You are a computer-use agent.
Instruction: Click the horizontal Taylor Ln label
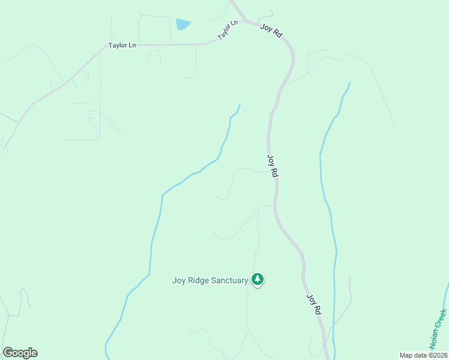click(x=122, y=46)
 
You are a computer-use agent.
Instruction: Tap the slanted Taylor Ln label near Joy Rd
click(x=228, y=30)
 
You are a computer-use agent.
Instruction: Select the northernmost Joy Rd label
click(x=271, y=31)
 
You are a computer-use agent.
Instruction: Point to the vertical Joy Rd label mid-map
click(x=273, y=166)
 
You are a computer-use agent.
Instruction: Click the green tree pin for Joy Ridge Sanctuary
click(x=258, y=279)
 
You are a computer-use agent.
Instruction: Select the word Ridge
click(x=199, y=280)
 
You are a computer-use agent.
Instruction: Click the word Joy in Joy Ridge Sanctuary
click(x=179, y=280)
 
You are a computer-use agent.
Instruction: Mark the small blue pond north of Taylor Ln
click(x=182, y=25)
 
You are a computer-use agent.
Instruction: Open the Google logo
click(x=20, y=352)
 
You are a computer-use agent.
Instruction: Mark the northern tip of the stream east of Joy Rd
click(x=349, y=83)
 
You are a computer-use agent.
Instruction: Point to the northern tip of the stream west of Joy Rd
click(x=240, y=105)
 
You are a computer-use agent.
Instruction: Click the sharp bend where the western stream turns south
click(x=163, y=195)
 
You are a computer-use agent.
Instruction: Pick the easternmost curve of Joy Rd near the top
click(x=293, y=58)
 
